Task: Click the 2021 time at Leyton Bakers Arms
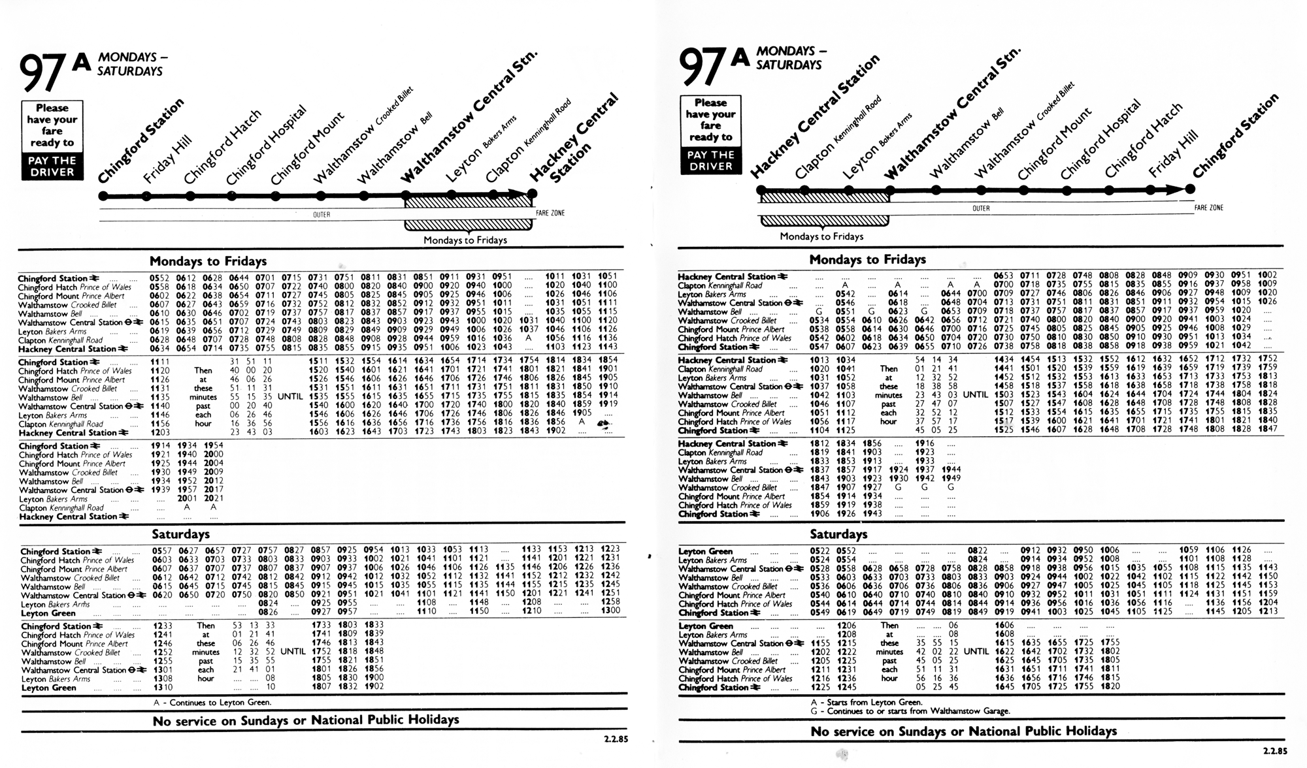[x=213, y=499]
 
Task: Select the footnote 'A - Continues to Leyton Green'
[x=212, y=703]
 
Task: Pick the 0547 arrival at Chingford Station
[x=819, y=347]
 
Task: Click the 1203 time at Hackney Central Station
[x=160, y=432]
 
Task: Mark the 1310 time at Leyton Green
[x=163, y=687]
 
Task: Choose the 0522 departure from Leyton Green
[x=819, y=551]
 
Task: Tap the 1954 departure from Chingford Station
[x=213, y=445]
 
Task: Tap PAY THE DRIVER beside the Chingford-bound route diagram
[x=710, y=161]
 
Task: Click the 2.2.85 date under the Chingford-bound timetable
[x=1274, y=752]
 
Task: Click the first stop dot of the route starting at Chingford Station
[x=103, y=195]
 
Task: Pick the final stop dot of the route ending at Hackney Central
[x=532, y=194]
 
